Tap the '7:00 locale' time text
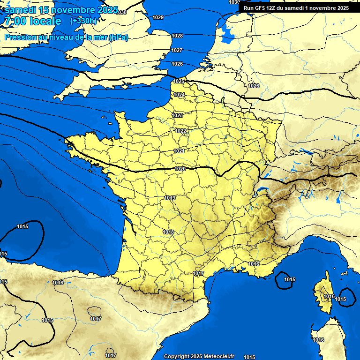[33, 22]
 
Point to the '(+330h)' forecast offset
[83, 21]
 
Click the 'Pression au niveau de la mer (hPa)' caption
[66, 37]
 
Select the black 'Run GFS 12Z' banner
[296, 8]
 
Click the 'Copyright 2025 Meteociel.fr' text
[199, 356]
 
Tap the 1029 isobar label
[158, 17]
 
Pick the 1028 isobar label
[177, 36]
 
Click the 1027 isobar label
[177, 50]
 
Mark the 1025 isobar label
[179, 81]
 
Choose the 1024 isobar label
[179, 95]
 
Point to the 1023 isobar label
[177, 115]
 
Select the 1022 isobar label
[181, 131]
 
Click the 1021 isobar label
[179, 151]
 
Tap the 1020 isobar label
[180, 169]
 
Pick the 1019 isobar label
[170, 198]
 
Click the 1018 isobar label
[168, 232]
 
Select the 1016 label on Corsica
[329, 296]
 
